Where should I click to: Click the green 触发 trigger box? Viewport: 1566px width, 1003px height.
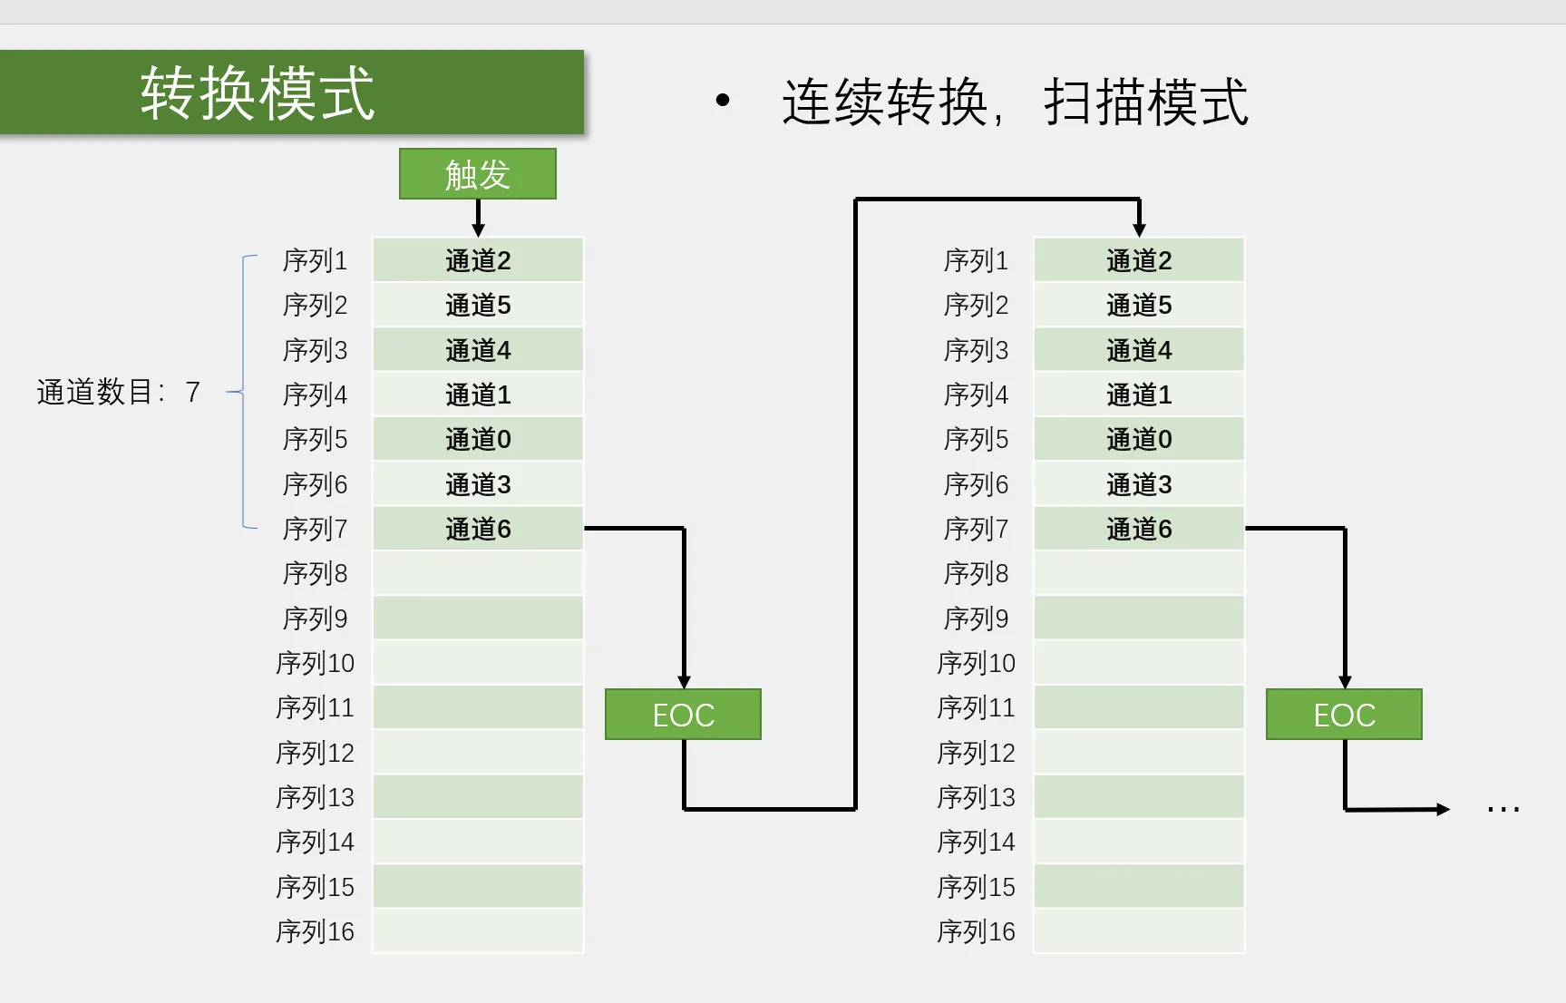[478, 173]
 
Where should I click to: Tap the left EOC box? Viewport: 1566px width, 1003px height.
[683, 715]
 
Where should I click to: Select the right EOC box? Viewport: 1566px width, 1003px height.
[1344, 715]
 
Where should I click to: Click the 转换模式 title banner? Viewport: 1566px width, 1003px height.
[292, 93]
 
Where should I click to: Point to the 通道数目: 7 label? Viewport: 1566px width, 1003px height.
[118, 392]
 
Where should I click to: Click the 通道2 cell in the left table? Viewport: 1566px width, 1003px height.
[478, 260]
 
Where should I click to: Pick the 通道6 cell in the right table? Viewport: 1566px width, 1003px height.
[1139, 529]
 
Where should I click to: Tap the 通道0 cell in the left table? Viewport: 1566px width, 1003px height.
[478, 439]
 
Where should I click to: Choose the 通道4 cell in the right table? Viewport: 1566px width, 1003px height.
[1139, 350]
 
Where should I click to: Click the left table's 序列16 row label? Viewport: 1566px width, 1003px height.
[315, 931]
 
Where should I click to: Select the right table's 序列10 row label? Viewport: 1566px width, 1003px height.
[976, 663]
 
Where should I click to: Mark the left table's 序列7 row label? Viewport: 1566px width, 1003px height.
[315, 529]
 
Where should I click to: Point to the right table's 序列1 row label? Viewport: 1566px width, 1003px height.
[976, 260]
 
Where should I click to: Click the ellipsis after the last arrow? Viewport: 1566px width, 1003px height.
[1503, 809]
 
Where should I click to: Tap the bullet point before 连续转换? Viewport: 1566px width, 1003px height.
[723, 100]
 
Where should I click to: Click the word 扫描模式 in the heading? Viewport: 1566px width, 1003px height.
[1146, 102]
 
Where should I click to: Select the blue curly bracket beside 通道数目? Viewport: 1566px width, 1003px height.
[242, 392]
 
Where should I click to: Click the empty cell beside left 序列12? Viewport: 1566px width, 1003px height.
[478, 753]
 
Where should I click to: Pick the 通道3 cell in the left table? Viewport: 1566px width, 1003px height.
[478, 484]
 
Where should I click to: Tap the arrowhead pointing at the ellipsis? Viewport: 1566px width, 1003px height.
[1444, 809]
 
